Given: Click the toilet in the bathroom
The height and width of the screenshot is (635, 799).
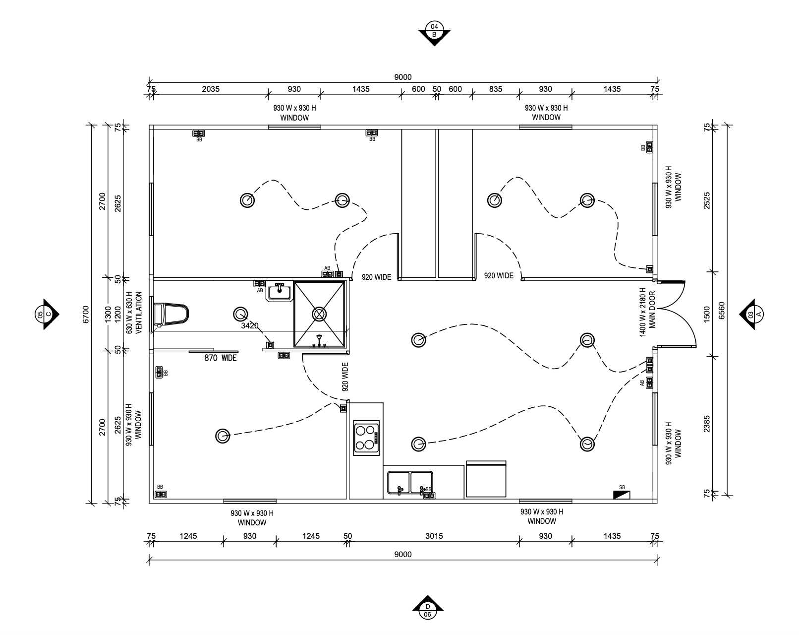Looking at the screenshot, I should pos(171,315).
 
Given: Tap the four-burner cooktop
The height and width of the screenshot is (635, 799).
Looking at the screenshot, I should pos(366,438).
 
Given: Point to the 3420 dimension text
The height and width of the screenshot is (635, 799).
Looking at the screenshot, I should pos(250,326).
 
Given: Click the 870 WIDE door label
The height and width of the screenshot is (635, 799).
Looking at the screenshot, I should pos(221,358).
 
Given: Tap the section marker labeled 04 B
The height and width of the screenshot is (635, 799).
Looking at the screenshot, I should pos(434,31).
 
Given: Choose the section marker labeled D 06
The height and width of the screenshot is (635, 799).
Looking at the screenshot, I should pos(428,610).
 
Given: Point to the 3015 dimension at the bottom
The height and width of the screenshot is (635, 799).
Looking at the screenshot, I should pos(434,536).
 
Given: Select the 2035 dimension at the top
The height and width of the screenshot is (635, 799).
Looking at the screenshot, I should pos(211,89).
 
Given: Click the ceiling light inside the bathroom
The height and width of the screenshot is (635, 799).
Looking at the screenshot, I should pos(240,314).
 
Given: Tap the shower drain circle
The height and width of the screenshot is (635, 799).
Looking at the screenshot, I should pos(319,314).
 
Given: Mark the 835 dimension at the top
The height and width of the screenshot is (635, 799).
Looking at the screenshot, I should pos(496,89).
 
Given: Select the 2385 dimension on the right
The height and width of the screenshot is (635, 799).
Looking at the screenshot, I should pos(707,424).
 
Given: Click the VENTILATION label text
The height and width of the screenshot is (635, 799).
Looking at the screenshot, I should pos(139,312).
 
